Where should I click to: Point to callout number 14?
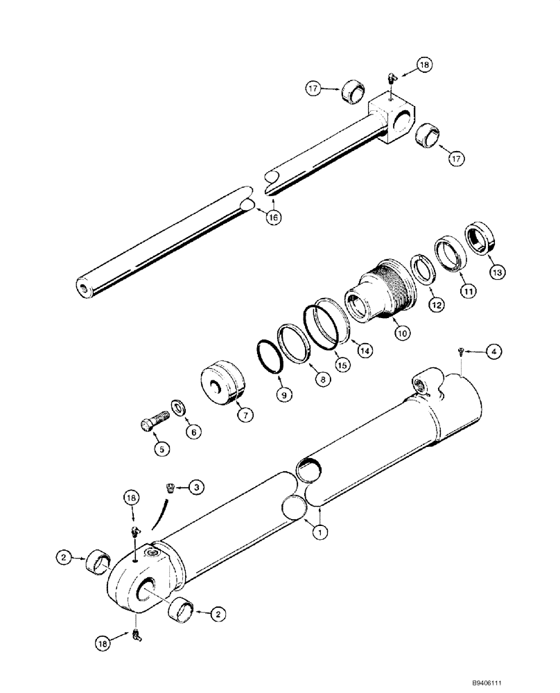pos(365,351)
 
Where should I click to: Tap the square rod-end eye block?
pos(392,117)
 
